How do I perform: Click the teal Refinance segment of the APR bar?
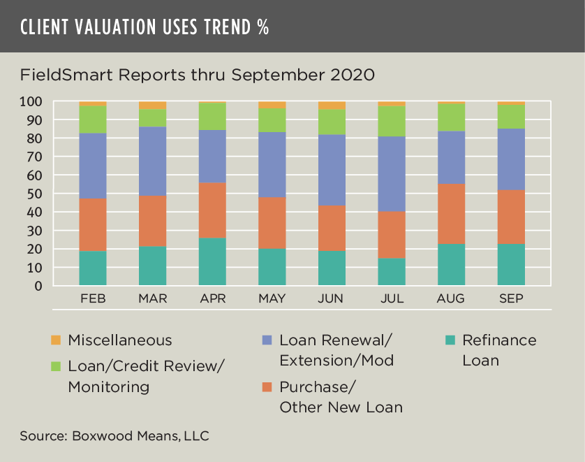[212, 261]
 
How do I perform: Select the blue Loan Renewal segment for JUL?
[392, 174]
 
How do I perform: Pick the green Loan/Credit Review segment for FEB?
[93, 120]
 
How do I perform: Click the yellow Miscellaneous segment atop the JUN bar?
[332, 105]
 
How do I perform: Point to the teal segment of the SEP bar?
[511, 265]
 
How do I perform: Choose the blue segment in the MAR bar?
[152, 161]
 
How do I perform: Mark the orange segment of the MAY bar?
[272, 222]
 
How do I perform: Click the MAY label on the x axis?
[272, 298]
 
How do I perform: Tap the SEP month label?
[511, 298]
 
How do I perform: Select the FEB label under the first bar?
[93, 298]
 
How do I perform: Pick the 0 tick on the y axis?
[57, 286]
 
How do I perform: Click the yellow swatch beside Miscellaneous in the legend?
[56, 340]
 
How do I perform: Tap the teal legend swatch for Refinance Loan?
[450, 340]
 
